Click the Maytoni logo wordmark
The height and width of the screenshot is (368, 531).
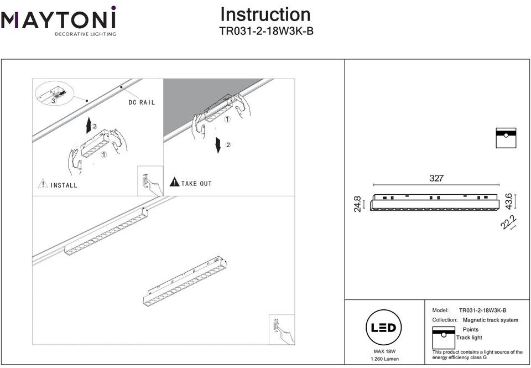point(58,20)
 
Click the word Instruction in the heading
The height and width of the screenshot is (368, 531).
point(265,14)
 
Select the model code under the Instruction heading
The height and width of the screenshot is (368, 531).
point(266,32)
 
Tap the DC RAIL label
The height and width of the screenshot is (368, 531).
point(142,102)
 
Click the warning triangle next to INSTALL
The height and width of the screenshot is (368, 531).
point(43,184)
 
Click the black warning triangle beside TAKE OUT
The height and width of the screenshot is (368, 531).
point(174,182)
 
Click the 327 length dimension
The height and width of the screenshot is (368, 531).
point(436,178)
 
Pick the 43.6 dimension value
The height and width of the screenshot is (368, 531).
point(509,201)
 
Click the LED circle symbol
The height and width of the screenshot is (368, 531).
point(383,328)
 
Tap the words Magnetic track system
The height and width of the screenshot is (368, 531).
point(490,320)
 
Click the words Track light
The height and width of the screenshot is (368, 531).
point(469,338)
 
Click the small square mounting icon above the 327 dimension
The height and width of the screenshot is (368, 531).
point(506,138)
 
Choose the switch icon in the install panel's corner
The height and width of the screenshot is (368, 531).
point(149,181)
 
